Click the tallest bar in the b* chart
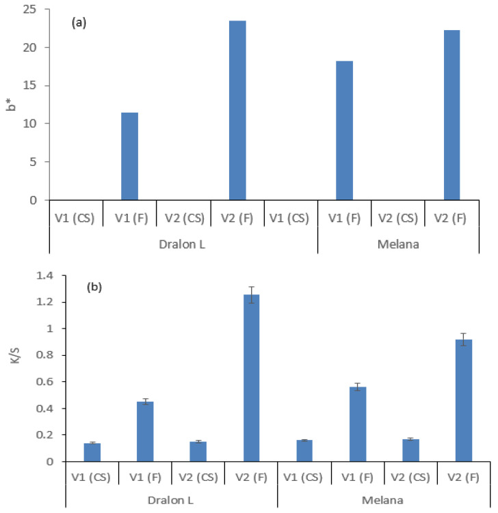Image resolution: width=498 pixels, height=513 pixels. (x=237, y=110)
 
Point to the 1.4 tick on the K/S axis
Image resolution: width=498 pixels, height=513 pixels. (x=29, y=276)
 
